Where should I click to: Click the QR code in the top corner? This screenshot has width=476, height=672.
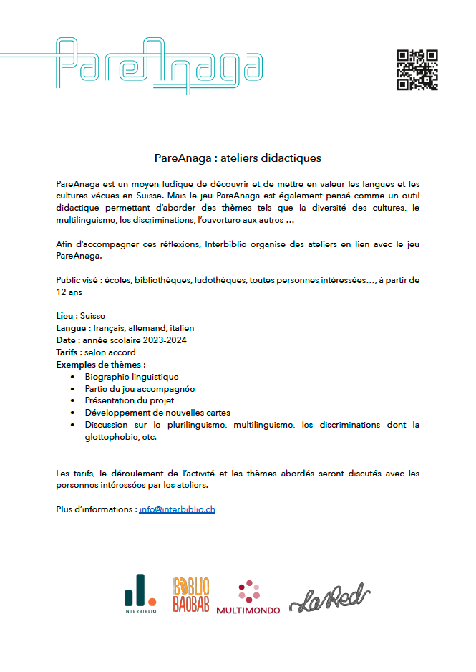point(417,69)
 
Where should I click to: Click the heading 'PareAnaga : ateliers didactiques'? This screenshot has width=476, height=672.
point(238,157)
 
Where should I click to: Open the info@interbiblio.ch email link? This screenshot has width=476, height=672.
point(178,509)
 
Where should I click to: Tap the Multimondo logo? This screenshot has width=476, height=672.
point(248,597)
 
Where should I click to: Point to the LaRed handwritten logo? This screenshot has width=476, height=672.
point(329,597)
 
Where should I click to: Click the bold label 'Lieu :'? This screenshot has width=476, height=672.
point(67,315)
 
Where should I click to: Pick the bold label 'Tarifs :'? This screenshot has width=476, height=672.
point(69,352)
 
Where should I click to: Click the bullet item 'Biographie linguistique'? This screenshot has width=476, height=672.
point(132,377)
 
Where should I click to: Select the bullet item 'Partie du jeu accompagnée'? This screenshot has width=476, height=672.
point(140,389)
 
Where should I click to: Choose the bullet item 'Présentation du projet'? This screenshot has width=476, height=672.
point(130,401)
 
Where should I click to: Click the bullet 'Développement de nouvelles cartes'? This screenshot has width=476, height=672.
point(157,413)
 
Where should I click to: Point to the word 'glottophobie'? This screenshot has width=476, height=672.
point(111,438)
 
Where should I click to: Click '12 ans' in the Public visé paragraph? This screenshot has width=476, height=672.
point(69,293)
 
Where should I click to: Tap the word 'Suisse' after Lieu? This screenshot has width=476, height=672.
point(93,315)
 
